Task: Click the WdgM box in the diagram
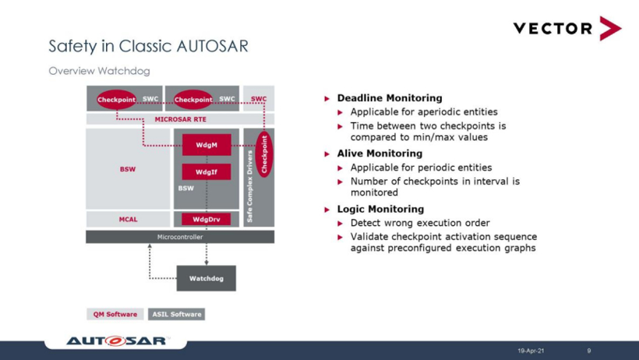coord(207,146)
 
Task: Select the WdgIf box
coord(207,172)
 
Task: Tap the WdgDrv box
coord(207,220)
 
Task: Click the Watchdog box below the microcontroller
coord(207,278)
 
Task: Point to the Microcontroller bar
coord(180,237)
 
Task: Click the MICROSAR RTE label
coord(180,119)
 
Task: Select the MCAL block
coord(128,220)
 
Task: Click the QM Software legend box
coord(115,314)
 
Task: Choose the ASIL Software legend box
coord(177,314)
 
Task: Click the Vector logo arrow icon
coord(609,28)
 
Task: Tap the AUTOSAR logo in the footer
coord(117,341)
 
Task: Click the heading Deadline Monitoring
coord(389,98)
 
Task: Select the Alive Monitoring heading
coord(380,154)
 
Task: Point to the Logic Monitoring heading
coord(380,209)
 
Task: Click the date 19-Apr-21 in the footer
coord(531,351)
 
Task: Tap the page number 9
coord(589,351)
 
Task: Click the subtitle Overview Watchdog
coord(99,71)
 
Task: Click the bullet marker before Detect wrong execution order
coord(341,224)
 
